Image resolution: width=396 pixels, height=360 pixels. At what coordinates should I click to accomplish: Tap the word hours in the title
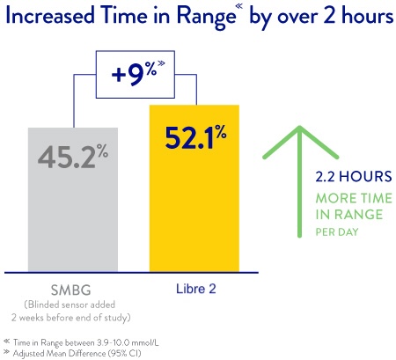pos(361,18)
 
